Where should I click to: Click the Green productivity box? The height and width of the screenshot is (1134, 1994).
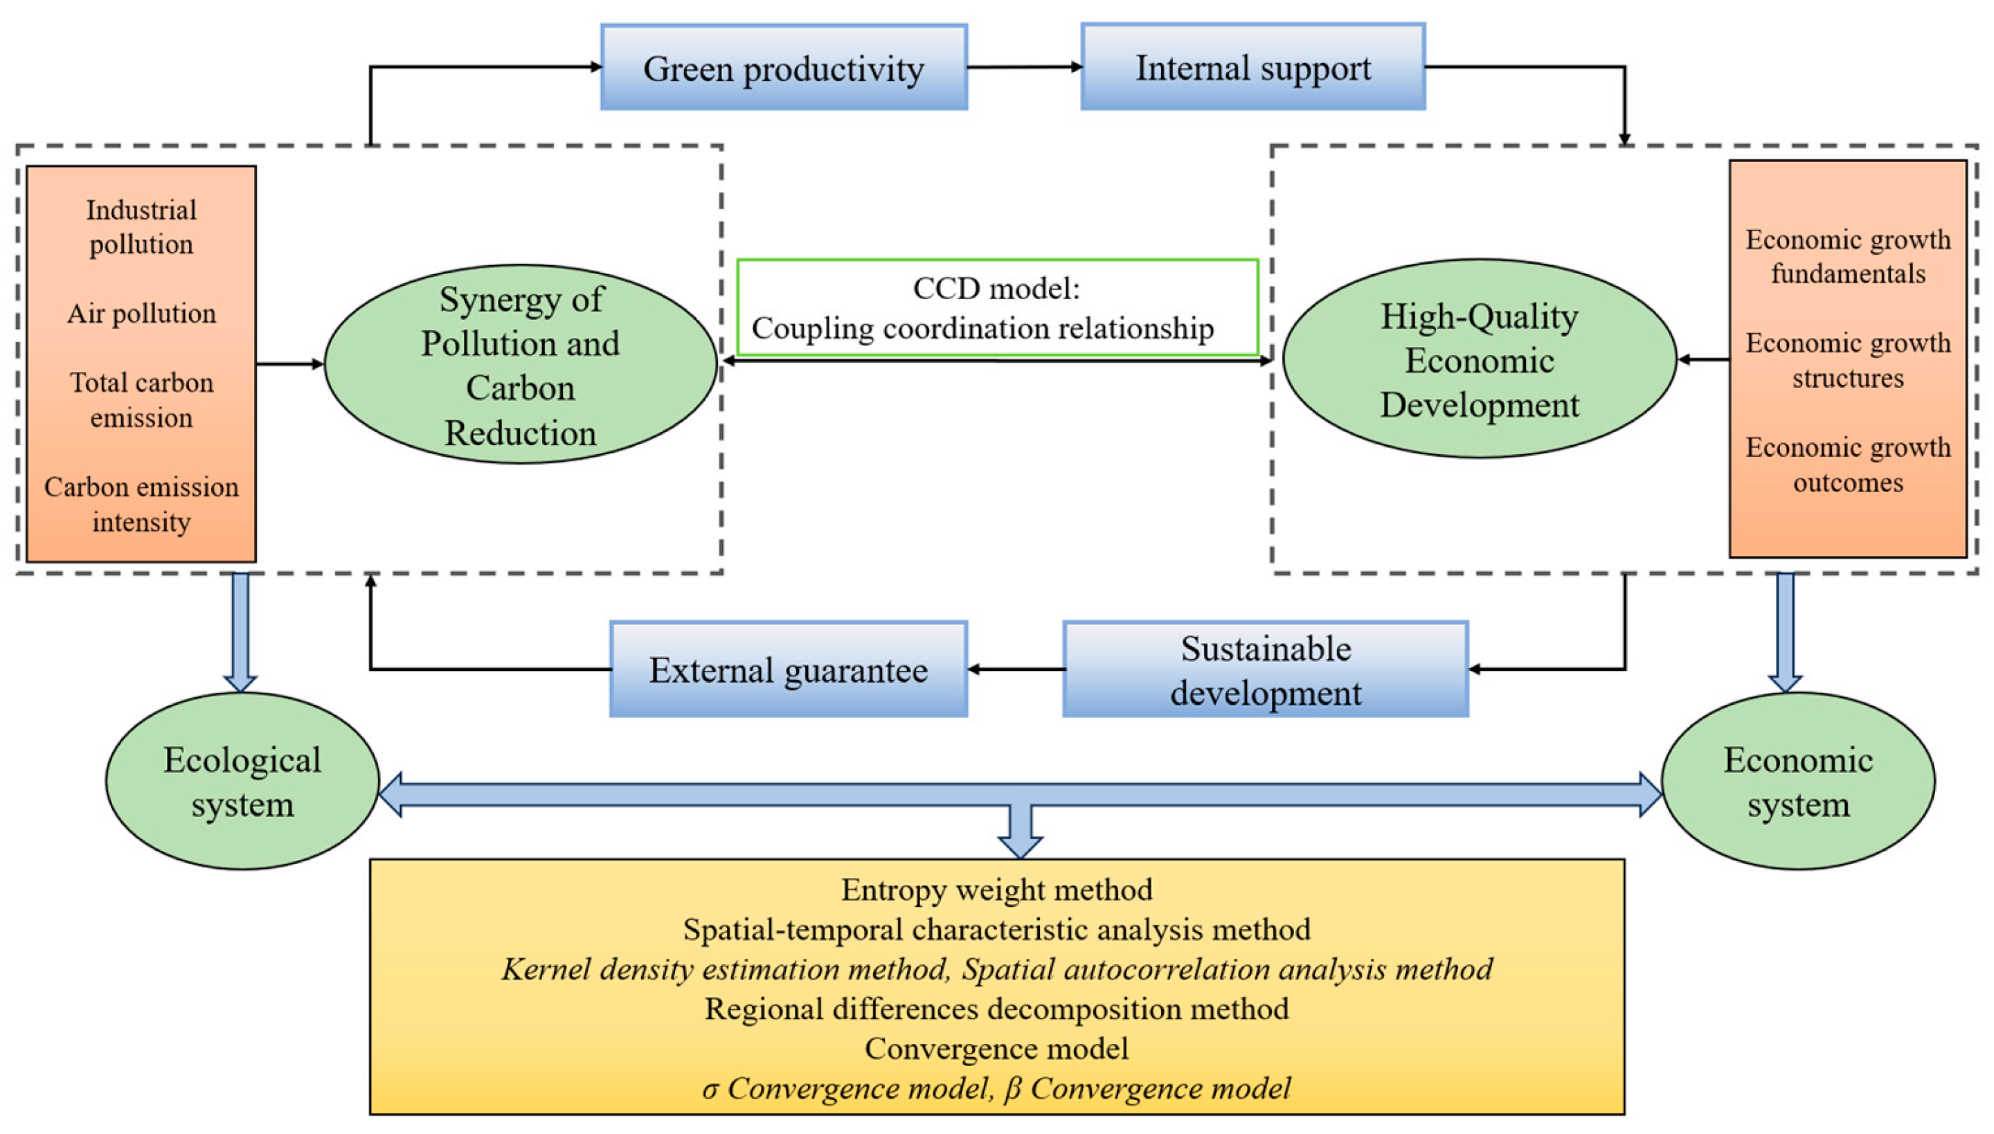(x=784, y=68)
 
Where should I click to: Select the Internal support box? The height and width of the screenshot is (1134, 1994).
(x=1252, y=67)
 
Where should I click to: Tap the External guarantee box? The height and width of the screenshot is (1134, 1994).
(x=788, y=669)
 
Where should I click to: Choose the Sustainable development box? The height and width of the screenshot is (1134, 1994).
(x=1265, y=669)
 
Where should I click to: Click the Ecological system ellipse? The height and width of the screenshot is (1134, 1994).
(x=242, y=781)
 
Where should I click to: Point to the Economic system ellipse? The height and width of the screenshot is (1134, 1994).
(x=1797, y=781)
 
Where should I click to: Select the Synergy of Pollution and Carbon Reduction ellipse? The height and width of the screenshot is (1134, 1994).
(x=521, y=364)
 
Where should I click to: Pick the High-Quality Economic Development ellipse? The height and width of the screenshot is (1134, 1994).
(x=1479, y=360)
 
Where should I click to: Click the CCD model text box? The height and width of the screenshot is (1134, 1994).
(x=997, y=307)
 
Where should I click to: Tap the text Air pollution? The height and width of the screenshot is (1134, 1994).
(x=141, y=313)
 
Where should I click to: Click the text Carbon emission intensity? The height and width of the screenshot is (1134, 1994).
(x=141, y=504)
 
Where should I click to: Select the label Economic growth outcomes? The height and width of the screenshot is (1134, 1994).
(x=1847, y=465)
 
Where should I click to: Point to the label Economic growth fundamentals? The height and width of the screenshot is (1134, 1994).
(x=1847, y=256)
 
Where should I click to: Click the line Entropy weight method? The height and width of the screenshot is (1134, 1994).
(x=996, y=890)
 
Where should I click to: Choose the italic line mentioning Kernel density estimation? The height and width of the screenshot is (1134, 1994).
(x=996, y=969)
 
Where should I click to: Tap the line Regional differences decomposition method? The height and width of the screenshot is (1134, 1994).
(x=996, y=1009)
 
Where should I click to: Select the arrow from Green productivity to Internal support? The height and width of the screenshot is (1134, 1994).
(x=1024, y=67)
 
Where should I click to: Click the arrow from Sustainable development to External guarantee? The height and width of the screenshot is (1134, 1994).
(x=1016, y=669)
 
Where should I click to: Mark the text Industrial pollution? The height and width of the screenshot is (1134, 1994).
(x=141, y=226)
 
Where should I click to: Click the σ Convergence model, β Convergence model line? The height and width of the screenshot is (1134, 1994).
(x=996, y=1088)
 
